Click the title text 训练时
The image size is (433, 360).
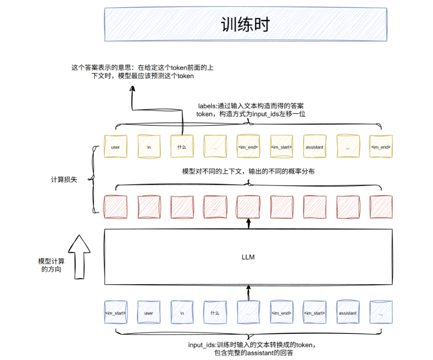(x=245, y=25)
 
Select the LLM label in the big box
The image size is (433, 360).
(x=248, y=257)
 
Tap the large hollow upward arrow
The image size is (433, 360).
(x=79, y=257)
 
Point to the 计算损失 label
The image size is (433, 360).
(x=64, y=180)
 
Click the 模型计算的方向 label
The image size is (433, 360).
(x=51, y=265)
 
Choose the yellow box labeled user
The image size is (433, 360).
(x=115, y=147)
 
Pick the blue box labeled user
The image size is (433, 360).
(x=149, y=312)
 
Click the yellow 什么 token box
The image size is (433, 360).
(x=182, y=147)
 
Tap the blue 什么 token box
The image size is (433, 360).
(x=215, y=312)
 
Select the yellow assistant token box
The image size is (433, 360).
(x=315, y=147)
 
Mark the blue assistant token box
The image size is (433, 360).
(x=348, y=312)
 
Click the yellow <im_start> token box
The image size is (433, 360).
(x=281, y=147)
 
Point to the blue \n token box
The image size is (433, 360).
(x=182, y=312)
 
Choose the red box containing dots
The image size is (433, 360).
(x=215, y=207)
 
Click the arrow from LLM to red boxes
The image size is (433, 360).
(x=248, y=224)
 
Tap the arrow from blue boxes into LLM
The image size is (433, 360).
(x=248, y=293)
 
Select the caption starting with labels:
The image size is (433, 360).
(x=251, y=110)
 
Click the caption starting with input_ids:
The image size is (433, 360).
(x=252, y=348)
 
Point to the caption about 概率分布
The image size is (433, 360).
(x=248, y=171)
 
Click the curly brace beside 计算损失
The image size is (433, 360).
(x=93, y=180)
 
